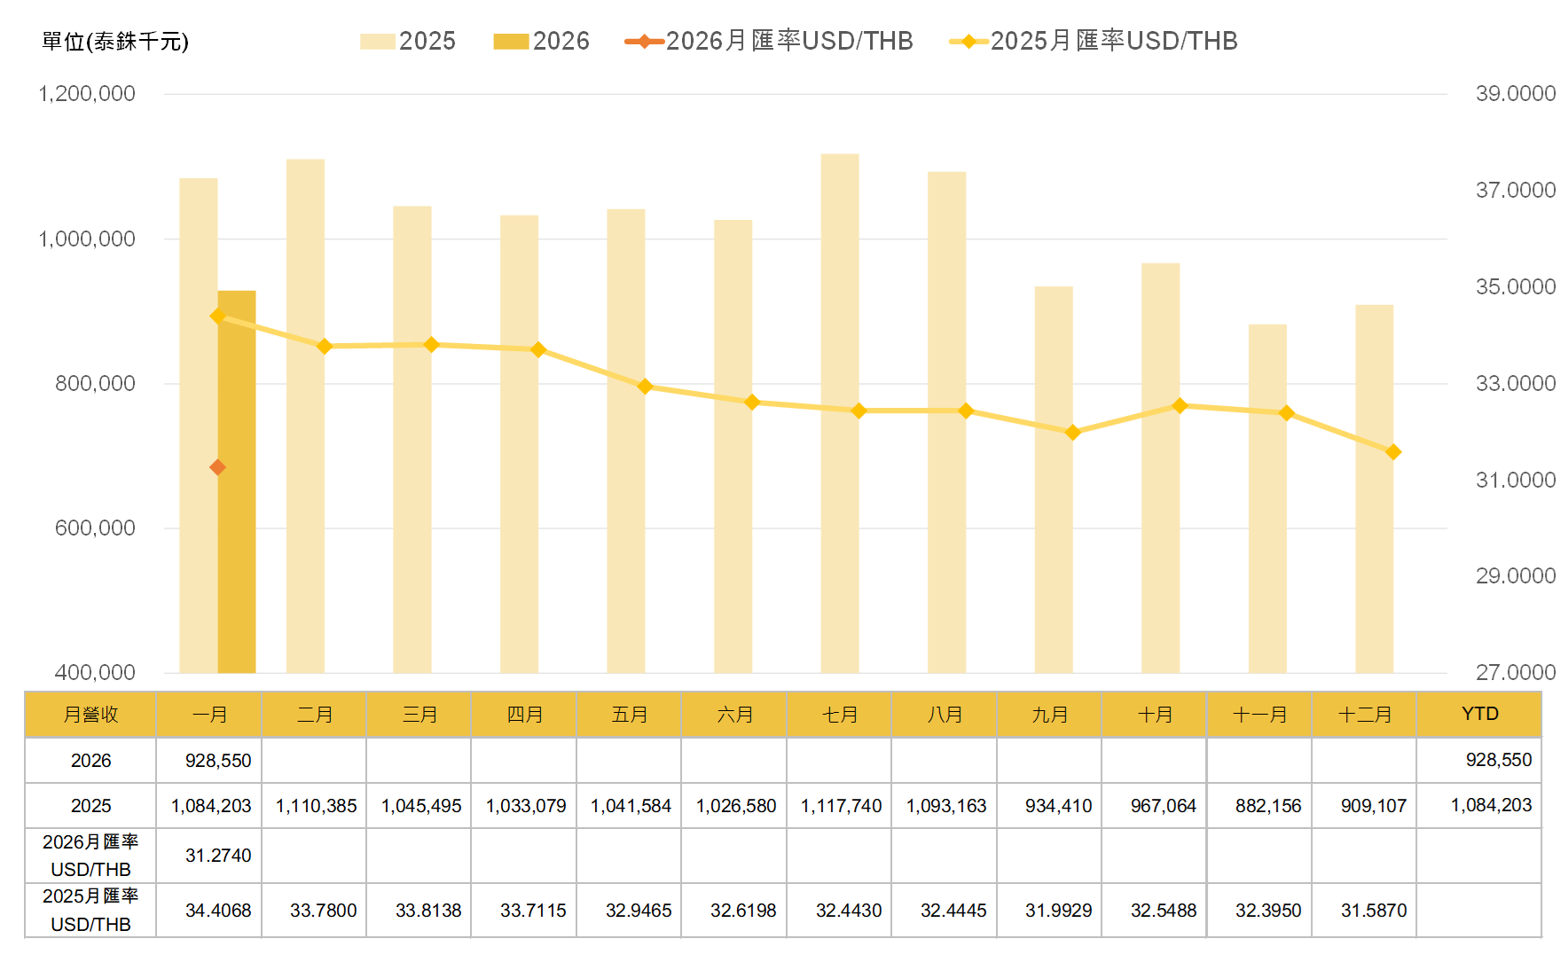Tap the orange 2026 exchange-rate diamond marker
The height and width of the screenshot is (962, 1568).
(217, 467)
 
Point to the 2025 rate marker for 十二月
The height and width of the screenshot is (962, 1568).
(1393, 452)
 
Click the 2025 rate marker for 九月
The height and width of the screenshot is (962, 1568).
(1072, 433)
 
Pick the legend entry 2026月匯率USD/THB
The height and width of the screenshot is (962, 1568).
(769, 41)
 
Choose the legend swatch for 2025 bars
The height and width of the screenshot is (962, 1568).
(378, 42)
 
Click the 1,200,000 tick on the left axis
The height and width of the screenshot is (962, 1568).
(87, 94)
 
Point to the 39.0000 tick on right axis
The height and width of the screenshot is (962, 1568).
(1515, 94)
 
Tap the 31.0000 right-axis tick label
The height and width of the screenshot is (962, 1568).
(1515, 480)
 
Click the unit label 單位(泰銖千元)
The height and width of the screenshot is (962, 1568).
(115, 42)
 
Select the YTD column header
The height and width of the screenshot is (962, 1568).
(1479, 714)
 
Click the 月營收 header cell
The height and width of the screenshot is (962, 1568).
(90, 715)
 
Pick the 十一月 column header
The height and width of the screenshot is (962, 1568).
(1259, 715)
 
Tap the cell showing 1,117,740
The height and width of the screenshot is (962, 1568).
(841, 806)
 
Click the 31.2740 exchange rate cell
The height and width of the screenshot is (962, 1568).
(218, 856)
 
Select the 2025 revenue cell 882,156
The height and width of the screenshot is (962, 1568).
(1268, 806)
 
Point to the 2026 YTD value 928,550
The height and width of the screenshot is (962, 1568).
(1498, 760)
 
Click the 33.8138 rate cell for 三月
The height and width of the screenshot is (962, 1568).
(428, 911)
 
